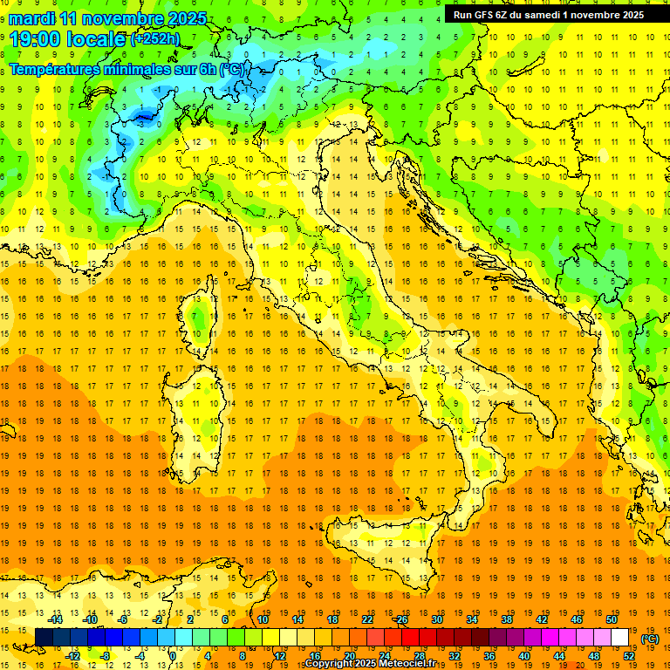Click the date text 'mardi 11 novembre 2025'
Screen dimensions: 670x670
click(x=108, y=18)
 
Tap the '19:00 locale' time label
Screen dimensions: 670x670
click(x=66, y=38)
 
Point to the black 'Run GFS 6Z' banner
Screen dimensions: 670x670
click(x=548, y=14)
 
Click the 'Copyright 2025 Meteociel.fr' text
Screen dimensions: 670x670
click(x=376, y=664)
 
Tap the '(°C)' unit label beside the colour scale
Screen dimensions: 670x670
click(x=650, y=639)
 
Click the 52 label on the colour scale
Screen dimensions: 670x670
click(x=629, y=655)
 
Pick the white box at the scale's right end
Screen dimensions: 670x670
click(x=620, y=637)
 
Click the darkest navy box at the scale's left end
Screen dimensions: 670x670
click(x=44, y=637)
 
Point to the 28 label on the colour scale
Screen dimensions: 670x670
click(x=420, y=655)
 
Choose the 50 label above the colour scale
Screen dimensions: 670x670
click(x=612, y=619)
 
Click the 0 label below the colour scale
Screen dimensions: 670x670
click(x=174, y=655)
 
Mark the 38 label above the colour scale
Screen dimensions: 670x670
click(x=506, y=619)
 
